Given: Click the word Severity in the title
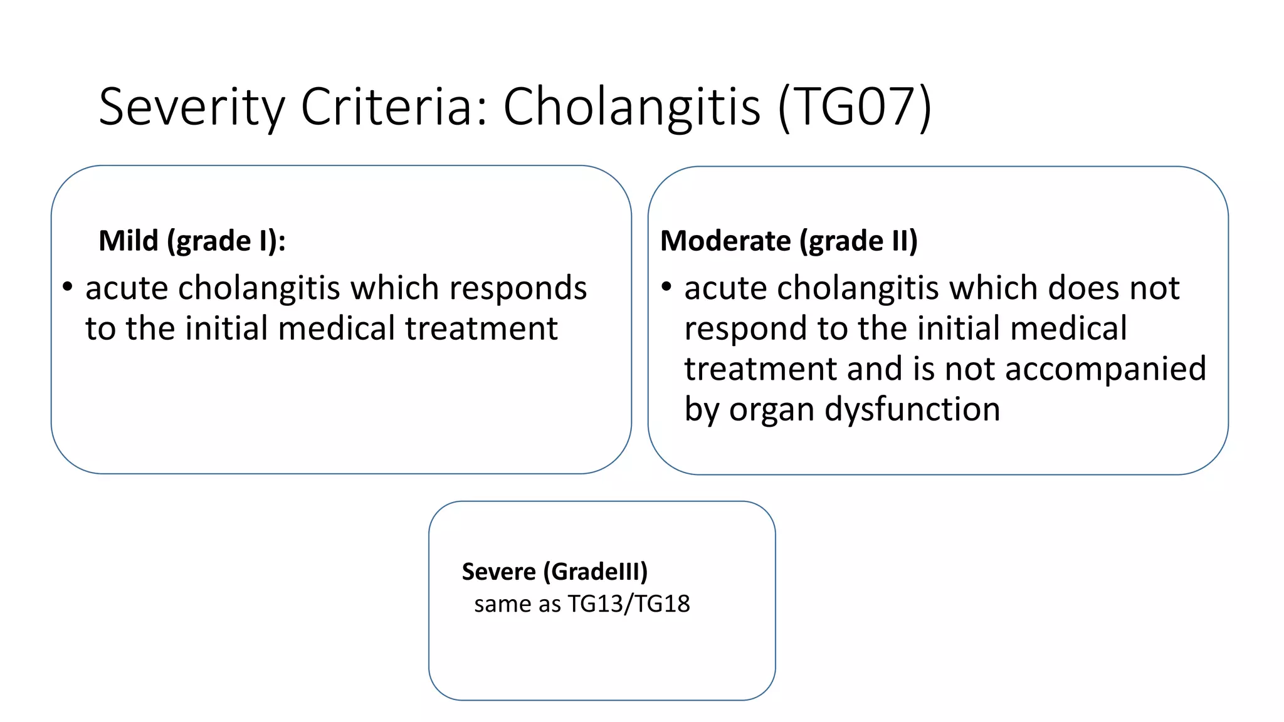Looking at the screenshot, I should (191, 107).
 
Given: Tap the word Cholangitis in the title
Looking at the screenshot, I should (632, 107).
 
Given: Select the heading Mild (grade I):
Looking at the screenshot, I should (192, 241).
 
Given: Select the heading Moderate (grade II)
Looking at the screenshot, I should (789, 241).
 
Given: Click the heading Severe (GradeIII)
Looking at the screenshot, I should (554, 572).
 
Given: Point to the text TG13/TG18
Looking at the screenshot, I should (628, 604).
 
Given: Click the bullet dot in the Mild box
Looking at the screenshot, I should (68, 288).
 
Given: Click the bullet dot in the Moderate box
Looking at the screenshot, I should (666, 288).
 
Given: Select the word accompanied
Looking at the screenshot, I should (1105, 369).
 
